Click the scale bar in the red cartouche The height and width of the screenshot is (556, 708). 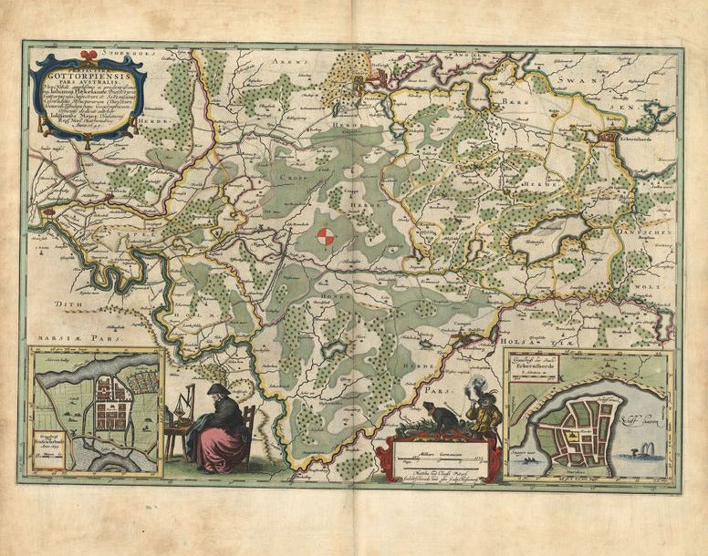tap(442, 458)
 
